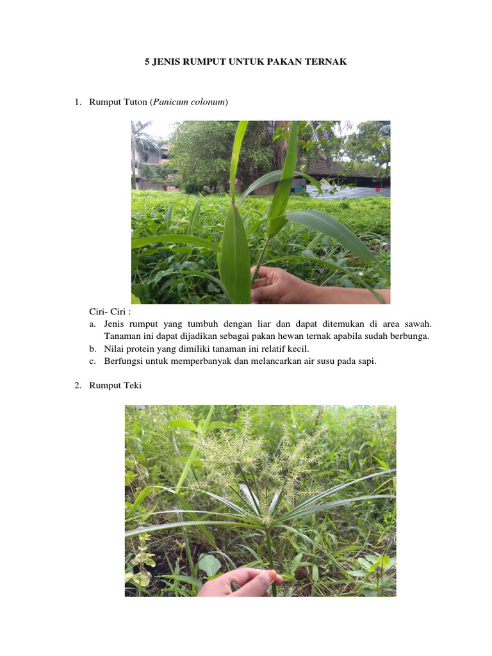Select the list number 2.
coord(78,385)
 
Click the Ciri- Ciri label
coord(110,311)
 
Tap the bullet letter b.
coord(92,348)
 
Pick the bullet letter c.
coord(92,361)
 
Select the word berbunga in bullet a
coord(410,336)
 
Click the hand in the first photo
coord(282,285)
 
